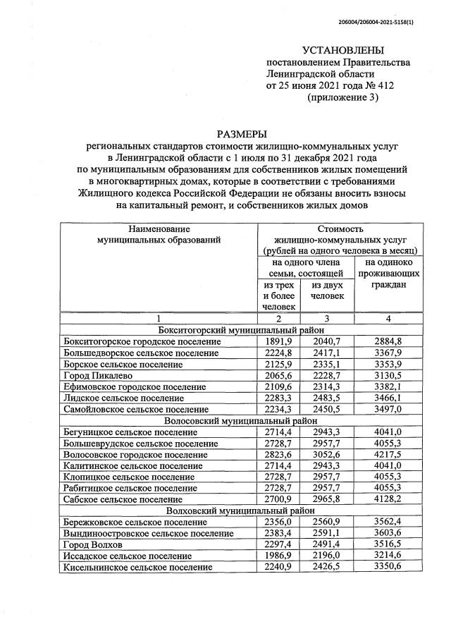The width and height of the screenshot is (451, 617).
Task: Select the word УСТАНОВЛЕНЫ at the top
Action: [343, 50]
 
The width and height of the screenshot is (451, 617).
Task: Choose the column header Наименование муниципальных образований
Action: [159, 234]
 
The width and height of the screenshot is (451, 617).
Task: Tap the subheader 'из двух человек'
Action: [327, 290]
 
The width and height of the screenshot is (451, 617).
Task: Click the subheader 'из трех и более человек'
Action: [278, 295]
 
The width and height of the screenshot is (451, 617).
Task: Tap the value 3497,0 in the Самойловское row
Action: [388, 409]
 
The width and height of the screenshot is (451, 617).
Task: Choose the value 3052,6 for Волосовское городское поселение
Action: [327, 454]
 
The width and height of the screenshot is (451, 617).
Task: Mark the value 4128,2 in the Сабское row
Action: [388, 499]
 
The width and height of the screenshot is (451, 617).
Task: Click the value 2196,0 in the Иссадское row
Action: [327, 556]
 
